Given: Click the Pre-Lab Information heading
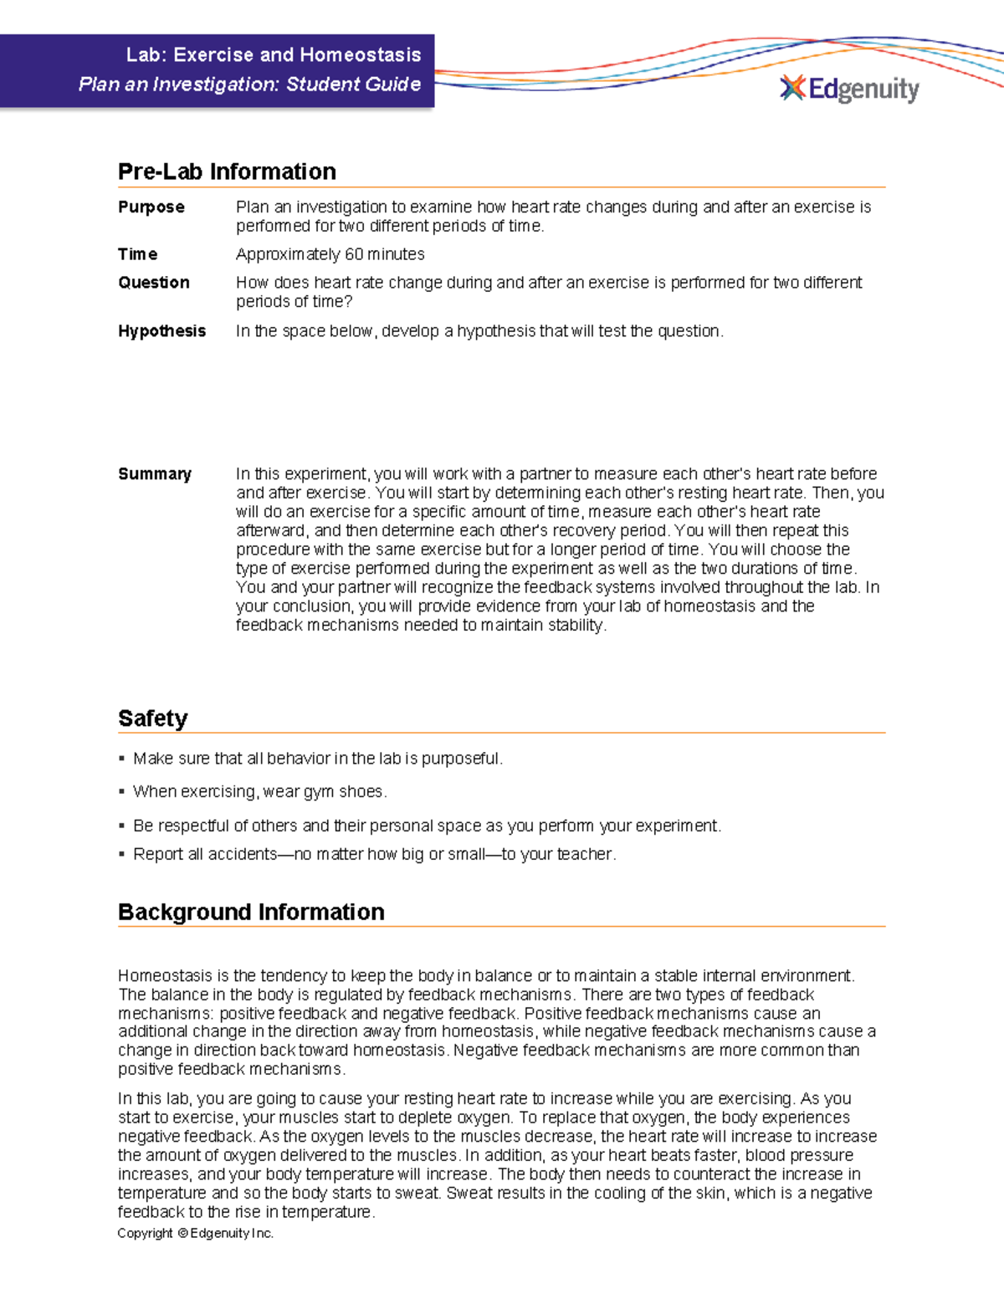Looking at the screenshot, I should click(x=227, y=171).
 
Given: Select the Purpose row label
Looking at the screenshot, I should click(x=151, y=207).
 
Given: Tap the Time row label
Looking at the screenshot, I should click(x=137, y=254).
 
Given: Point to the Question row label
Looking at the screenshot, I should click(x=154, y=283).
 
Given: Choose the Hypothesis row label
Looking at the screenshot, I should click(x=161, y=331).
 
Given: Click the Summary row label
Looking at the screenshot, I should click(x=155, y=474).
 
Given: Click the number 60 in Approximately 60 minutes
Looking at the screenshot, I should click(x=354, y=254).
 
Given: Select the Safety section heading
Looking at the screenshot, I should click(x=152, y=719).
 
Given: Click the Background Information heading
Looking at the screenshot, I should click(x=251, y=912).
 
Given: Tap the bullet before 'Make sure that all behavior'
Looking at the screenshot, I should click(x=122, y=759).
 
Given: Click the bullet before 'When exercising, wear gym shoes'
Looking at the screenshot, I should click(x=122, y=791).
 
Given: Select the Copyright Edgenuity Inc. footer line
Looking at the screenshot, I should click(x=195, y=1233).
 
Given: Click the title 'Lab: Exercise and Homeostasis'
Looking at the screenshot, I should click(x=273, y=55).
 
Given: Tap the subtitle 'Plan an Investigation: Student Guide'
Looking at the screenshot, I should click(x=249, y=84).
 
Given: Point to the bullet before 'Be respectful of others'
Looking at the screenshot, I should click(x=122, y=826).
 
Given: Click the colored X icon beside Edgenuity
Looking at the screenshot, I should click(x=792, y=88).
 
